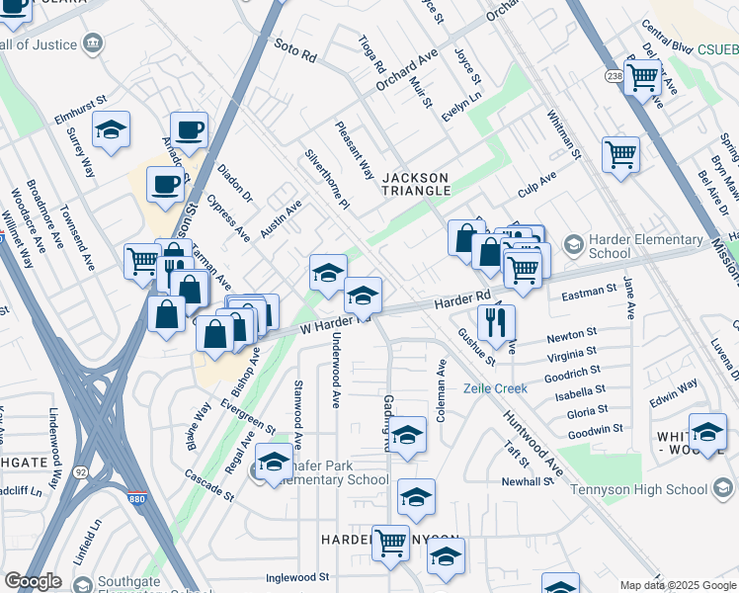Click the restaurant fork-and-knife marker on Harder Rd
click(496, 321)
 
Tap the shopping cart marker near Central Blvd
click(643, 76)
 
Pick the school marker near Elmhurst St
click(112, 129)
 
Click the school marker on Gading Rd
click(406, 434)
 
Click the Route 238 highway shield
click(613, 74)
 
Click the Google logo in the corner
click(33, 581)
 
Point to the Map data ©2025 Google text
click(678, 585)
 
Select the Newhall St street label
click(528, 481)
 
